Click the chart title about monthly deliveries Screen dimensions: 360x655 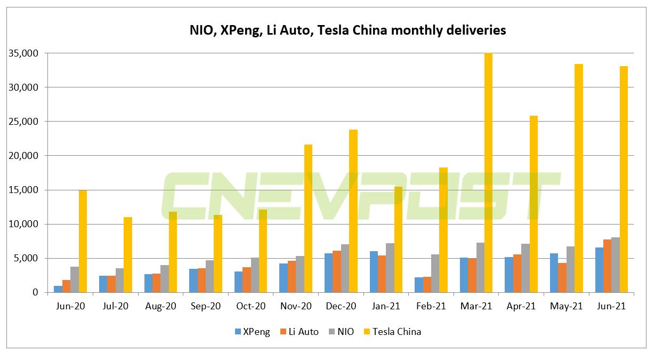pos(347,30)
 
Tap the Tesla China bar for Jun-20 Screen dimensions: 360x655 pos(83,241)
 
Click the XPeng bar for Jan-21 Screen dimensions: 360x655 pos(374,272)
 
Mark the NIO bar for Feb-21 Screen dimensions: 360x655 pos(435,274)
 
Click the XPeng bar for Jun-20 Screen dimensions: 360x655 pos(58,289)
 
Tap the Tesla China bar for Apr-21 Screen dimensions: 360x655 pos(533,204)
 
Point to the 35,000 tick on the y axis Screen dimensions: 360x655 pos(23,53)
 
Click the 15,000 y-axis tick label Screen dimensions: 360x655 pos(23,190)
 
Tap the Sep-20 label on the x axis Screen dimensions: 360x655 pos(205,307)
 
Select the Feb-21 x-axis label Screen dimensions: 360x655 pos(431,307)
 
